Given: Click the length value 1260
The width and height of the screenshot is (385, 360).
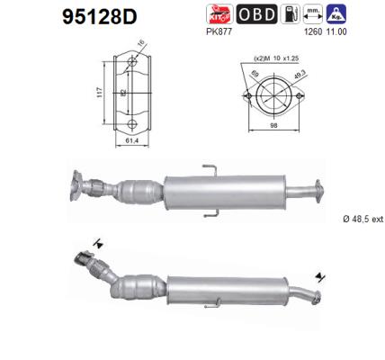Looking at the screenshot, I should coord(313,32).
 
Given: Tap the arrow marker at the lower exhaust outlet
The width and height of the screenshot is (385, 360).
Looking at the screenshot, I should coord(318,277).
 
